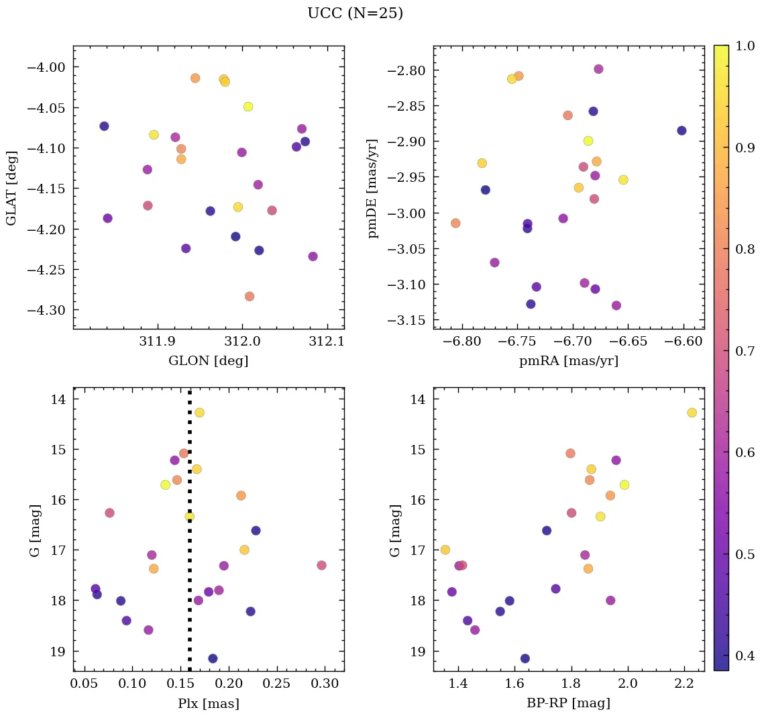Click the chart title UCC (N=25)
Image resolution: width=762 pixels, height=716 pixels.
pos(355,13)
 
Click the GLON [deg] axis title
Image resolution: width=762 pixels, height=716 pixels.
pos(209,361)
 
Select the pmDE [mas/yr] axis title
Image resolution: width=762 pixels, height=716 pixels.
pos(372,189)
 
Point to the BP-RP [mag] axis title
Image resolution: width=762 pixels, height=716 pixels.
pos(569,703)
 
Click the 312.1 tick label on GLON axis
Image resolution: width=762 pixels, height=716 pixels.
pos(327,342)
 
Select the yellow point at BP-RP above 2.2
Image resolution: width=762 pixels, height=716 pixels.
pos(692,413)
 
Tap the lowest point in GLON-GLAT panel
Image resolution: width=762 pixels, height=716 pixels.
pos(250,297)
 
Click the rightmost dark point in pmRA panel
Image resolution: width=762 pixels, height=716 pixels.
pos(682,131)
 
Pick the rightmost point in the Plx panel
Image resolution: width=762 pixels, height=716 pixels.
pos(321,566)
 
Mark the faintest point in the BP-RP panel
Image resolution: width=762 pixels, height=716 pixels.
pos(525,658)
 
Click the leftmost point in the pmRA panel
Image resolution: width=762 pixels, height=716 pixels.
pos(455,223)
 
